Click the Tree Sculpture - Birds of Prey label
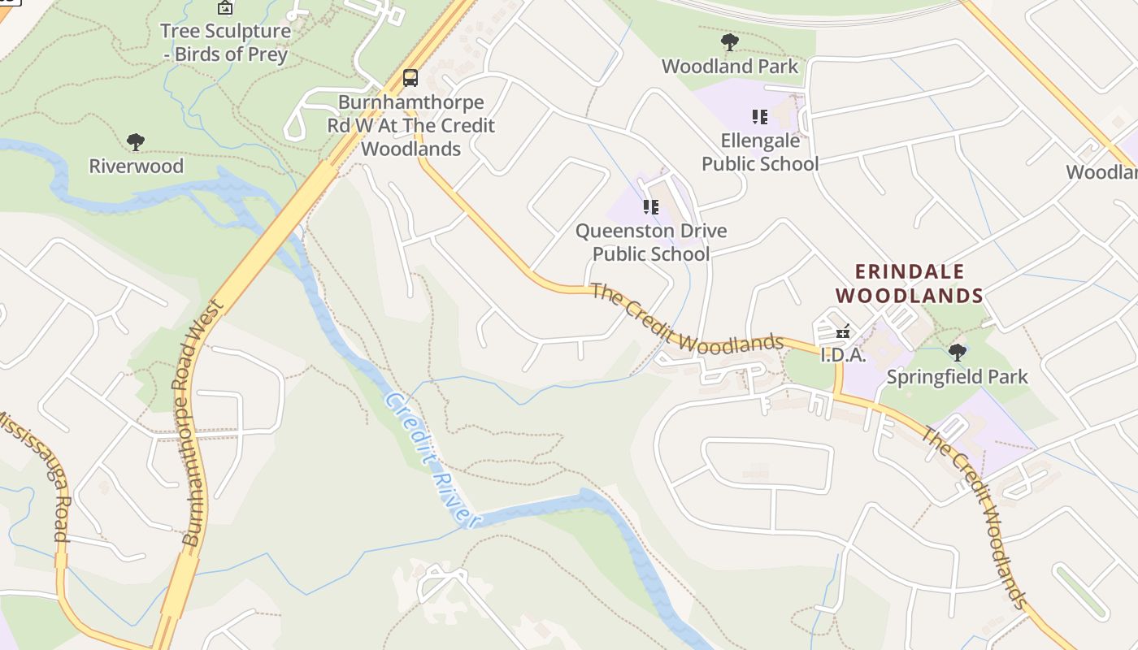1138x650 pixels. [x=225, y=43]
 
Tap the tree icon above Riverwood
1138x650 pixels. [x=136, y=142]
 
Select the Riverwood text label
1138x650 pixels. [x=136, y=167]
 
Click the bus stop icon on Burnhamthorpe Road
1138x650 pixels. [x=410, y=78]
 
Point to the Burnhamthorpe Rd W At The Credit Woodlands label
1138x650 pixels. [x=410, y=126]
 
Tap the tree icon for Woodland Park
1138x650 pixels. [x=730, y=42]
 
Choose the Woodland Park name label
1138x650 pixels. [x=730, y=67]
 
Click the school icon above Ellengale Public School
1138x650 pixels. [x=760, y=117]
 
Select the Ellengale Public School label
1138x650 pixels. [x=760, y=152]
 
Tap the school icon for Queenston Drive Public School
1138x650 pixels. [x=650, y=207]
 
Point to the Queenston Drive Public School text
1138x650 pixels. [x=650, y=242]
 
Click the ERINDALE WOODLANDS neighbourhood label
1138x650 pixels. [x=910, y=284]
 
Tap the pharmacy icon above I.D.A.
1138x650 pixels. [x=843, y=331]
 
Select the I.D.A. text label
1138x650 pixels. [x=843, y=355]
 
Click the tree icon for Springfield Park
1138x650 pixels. [x=958, y=353]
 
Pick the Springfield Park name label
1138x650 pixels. [x=958, y=377]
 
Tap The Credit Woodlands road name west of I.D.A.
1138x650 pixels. [x=687, y=319]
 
